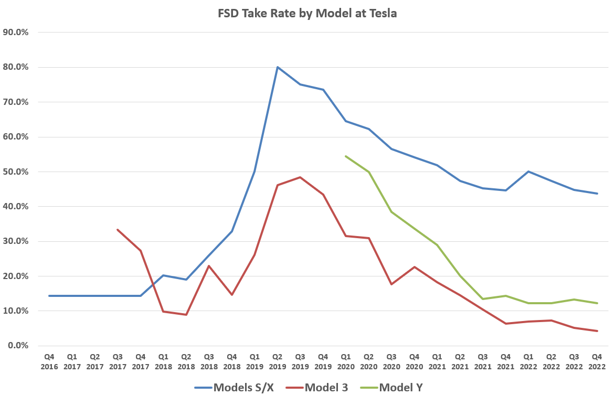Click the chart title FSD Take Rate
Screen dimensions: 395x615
coord(307,14)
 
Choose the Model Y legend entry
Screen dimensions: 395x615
coord(400,388)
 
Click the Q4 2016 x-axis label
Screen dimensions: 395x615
coord(49,361)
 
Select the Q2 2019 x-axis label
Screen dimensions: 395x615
coord(278,361)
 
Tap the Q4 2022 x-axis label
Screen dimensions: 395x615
coord(597,361)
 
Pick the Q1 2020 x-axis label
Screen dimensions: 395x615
coord(346,361)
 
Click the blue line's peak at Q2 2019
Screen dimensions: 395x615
coord(278,67)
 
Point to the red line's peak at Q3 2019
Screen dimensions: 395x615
coord(300,177)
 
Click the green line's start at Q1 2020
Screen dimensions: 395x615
coord(346,156)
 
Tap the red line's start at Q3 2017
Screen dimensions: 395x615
coord(118,230)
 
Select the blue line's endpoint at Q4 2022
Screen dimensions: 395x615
coord(597,194)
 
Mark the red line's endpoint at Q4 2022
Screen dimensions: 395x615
coord(597,331)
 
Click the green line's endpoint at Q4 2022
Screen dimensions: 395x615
coord(597,303)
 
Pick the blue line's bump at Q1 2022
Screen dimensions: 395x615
coord(528,172)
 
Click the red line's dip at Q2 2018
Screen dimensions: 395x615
coord(186,315)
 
